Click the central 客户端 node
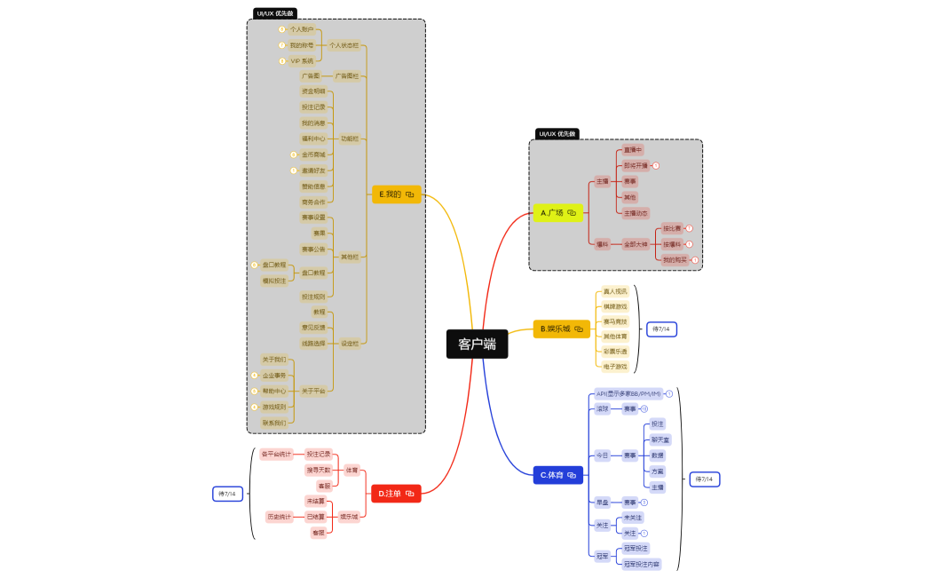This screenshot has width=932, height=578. pos(477,344)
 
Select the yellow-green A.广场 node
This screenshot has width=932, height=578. pos(558,213)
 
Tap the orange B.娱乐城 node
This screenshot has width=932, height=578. pos(560,329)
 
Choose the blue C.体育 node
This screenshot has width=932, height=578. pos(558,475)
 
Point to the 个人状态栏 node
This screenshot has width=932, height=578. pos(344,45)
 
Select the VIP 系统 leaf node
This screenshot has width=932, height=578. pos(302,61)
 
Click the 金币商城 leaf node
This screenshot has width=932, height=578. pos(313,154)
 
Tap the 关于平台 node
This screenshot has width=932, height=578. pos(313,391)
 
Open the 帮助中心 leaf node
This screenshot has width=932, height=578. pos(274,391)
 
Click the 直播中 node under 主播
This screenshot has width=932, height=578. pos(632,150)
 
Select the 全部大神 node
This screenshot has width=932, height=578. pos(636,244)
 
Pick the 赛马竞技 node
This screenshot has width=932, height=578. pos(614,321)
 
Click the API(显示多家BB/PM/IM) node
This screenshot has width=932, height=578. pos(628,393)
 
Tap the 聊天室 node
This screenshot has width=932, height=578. pos(660,439)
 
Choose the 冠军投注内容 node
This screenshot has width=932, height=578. pos(641,564)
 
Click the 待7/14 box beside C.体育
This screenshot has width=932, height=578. pos(704,479)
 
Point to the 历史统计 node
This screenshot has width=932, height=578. pos(280,517)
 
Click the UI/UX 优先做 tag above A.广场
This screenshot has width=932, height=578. pos(557,134)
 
